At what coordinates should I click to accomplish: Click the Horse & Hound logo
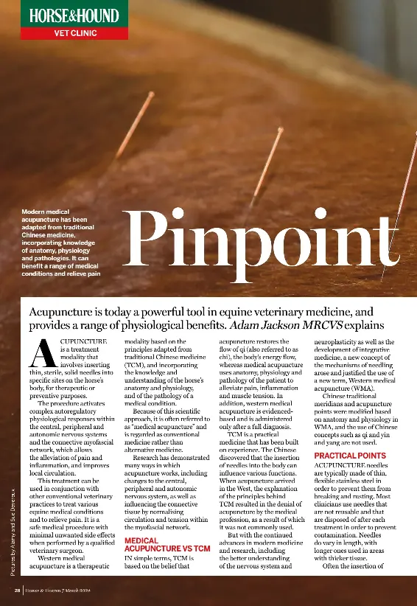[x=74, y=15]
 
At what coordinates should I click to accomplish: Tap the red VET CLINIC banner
[x=74, y=33]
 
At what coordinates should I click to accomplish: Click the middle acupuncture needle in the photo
[x=267, y=166]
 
